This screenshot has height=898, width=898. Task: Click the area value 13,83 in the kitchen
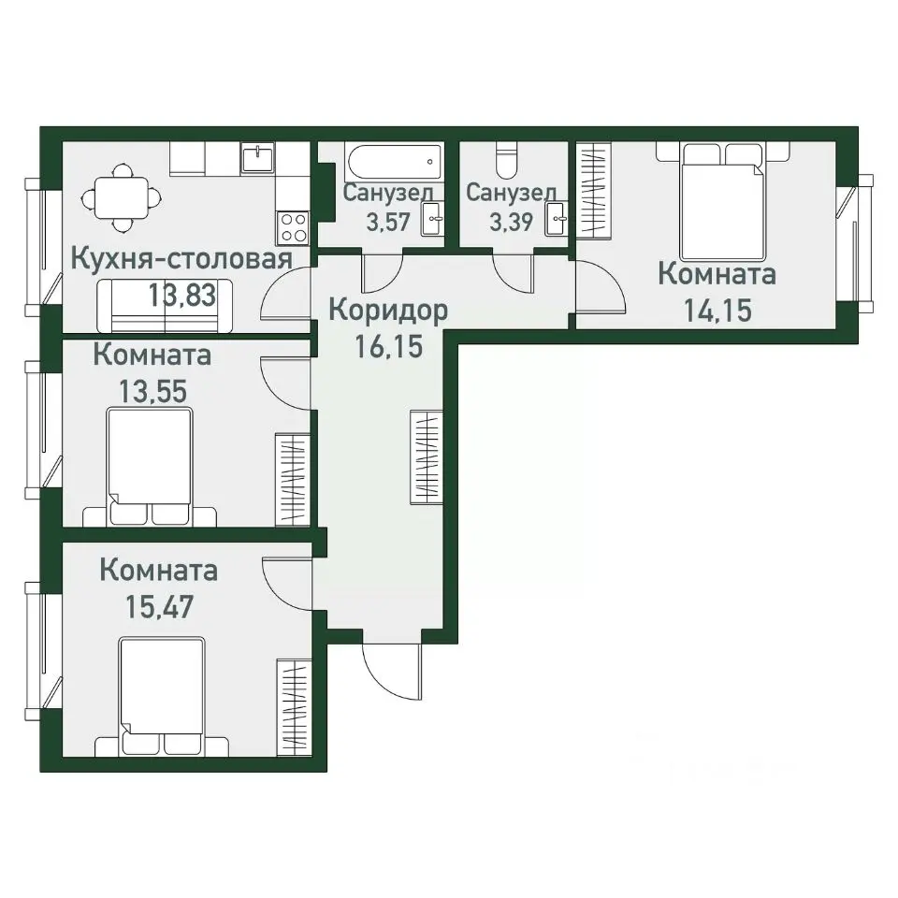pos(182,296)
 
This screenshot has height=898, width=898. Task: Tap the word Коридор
pos(388,311)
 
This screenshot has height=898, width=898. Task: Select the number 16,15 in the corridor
pos(389,346)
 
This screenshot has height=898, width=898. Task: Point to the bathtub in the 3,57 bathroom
pos(394,162)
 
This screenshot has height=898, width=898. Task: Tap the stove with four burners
pos(293,226)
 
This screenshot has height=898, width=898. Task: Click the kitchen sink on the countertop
pos(258,159)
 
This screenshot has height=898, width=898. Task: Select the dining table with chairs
pos(122,198)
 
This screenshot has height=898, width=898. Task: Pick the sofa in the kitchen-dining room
pos(165,306)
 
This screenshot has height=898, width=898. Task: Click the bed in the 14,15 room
pos(723,202)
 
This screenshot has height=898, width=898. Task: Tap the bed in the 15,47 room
pos(162,697)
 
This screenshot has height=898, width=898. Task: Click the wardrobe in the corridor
pos(427,457)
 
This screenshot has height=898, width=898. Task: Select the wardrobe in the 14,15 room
pos(593,191)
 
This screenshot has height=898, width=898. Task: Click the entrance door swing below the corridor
pos(392,673)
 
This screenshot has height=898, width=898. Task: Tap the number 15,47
pos(160,607)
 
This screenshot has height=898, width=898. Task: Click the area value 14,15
pos(717,311)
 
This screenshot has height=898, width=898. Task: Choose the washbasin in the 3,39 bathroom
pos(556,218)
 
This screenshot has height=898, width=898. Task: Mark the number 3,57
pos(388,222)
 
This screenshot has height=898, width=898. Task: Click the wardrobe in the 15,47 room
pos(294,708)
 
